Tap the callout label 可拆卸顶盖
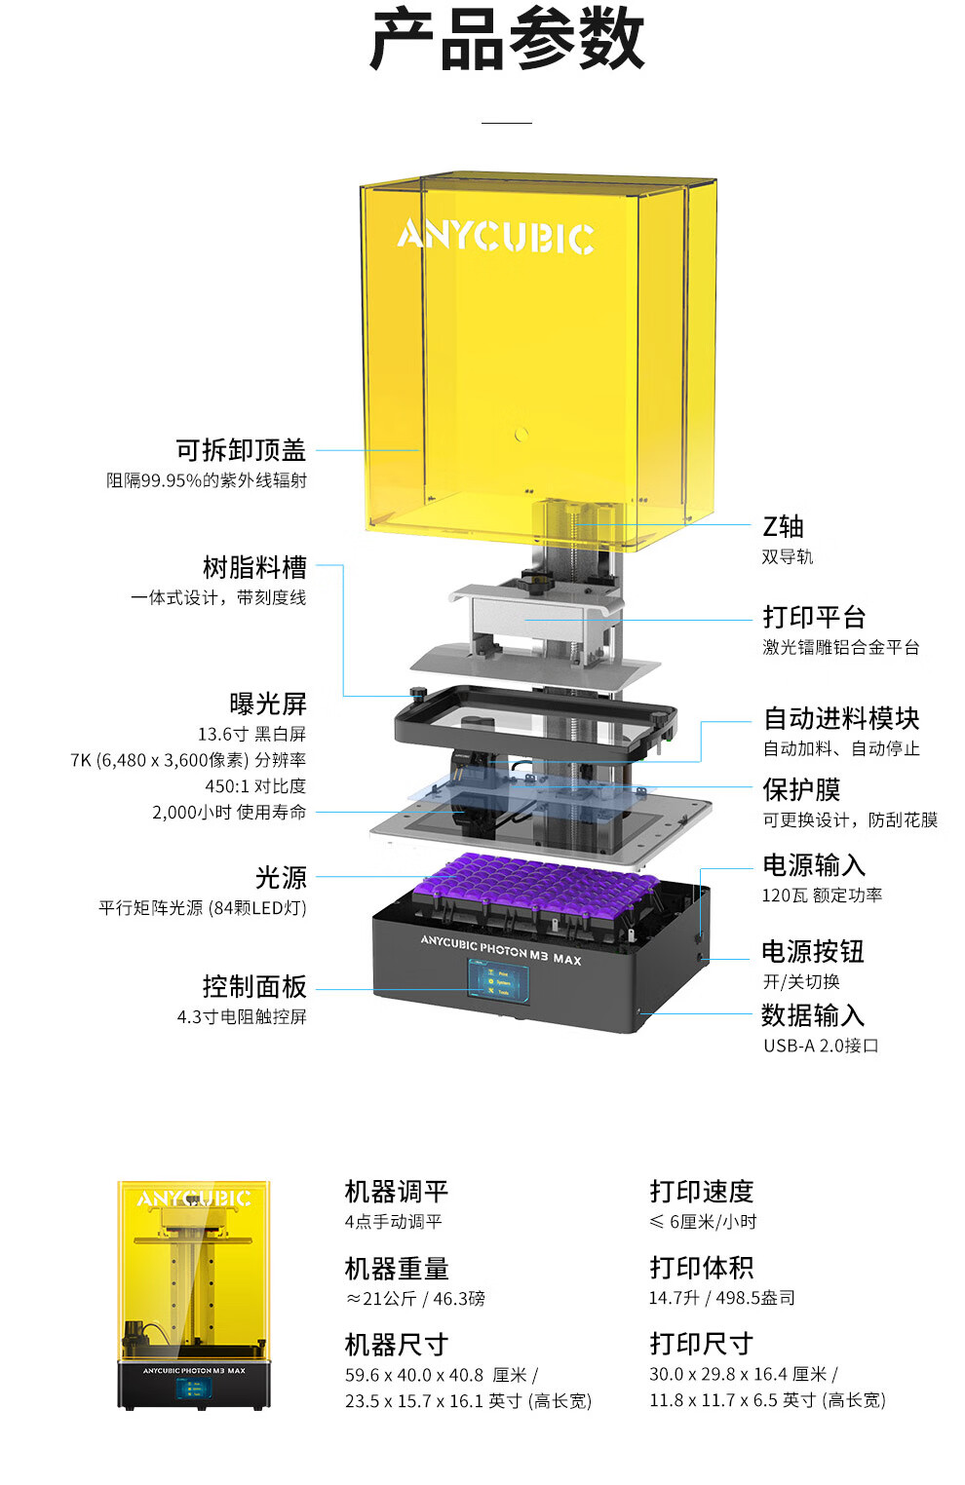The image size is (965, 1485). click(241, 450)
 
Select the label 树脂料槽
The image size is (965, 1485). click(254, 567)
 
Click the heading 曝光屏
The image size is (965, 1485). click(267, 704)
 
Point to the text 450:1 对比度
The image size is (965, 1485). click(255, 785)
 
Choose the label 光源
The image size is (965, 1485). click(281, 878)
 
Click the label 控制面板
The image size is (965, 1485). click(254, 986)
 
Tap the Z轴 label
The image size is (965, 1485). click(783, 527)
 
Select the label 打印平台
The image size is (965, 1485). click(814, 617)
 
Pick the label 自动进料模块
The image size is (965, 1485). click(841, 718)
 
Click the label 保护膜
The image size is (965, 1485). click(801, 789)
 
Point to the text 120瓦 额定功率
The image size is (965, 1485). click(822, 895)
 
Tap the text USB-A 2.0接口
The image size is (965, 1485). click(821, 1046)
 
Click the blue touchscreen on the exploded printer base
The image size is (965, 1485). click(500, 981)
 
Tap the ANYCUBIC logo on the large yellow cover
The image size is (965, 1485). click(495, 237)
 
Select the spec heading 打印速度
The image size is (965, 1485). click(702, 1192)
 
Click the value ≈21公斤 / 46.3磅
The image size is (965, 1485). click(415, 1299)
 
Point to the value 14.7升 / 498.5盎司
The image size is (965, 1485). click(722, 1298)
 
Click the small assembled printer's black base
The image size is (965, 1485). click(195, 1385)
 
